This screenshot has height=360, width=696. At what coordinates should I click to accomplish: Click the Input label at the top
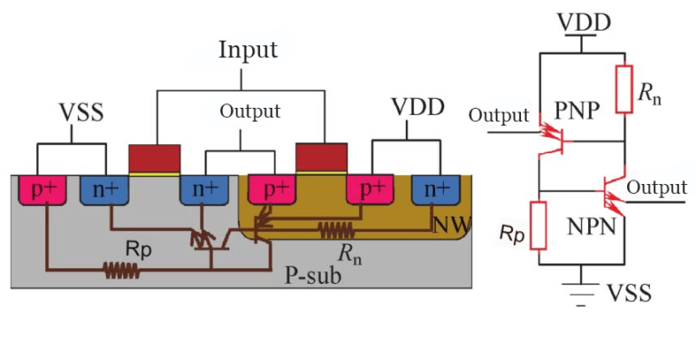pos(247,50)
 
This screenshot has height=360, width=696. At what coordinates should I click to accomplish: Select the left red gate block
pos(155,158)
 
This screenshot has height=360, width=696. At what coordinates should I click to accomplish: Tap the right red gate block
pos(322,158)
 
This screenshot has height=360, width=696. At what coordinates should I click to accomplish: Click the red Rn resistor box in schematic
pos(623,89)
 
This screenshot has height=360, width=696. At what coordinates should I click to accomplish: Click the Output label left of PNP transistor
pos(498,116)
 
